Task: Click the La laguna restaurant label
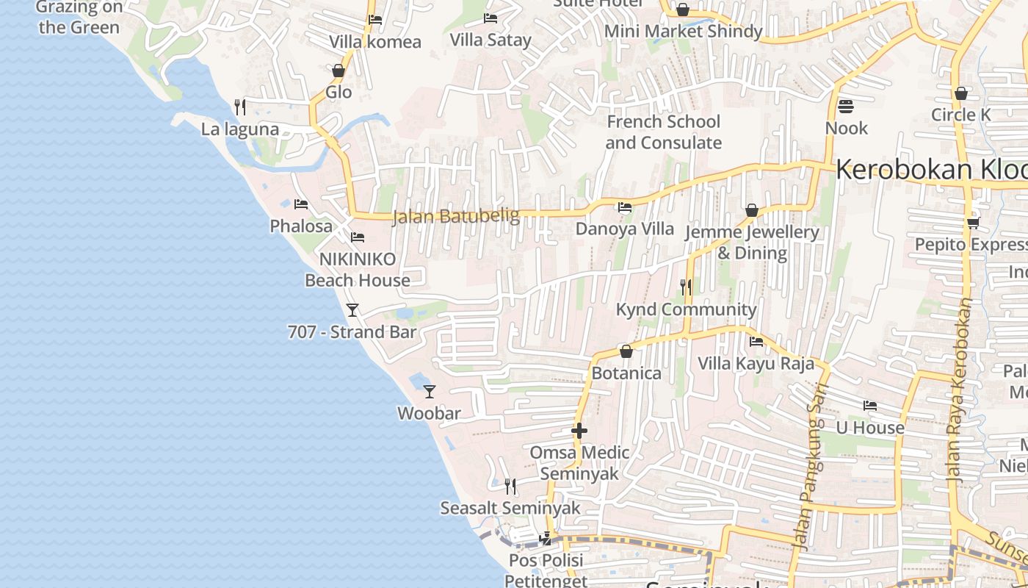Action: [x=240, y=129]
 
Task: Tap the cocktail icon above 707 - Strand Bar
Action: [x=352, y=310]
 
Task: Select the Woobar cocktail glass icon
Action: [x=430, y=392]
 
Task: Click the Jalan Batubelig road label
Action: [x=456, y=216]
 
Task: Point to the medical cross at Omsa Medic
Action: [x=579, y=431]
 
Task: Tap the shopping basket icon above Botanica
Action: [x=626, y=352]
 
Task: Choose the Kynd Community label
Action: [x=686, y=309]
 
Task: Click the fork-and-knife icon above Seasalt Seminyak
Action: [x=510, y=486]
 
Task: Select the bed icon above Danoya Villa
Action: [x=625, y=207]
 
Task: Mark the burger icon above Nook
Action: [x=846, y=107]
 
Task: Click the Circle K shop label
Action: [x=960, y=115]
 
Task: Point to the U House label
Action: [x=870, y=427]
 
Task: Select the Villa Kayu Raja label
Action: [x=756, y=363]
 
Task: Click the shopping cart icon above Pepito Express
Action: [x=973, y=223]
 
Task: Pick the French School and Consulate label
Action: [x=664, y=132]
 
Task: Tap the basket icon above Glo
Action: [x=339, y=71]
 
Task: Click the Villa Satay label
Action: [x=491, y=40]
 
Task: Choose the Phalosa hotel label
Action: [x=301, y=226]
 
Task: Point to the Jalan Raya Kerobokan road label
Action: [x=962, y=390]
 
